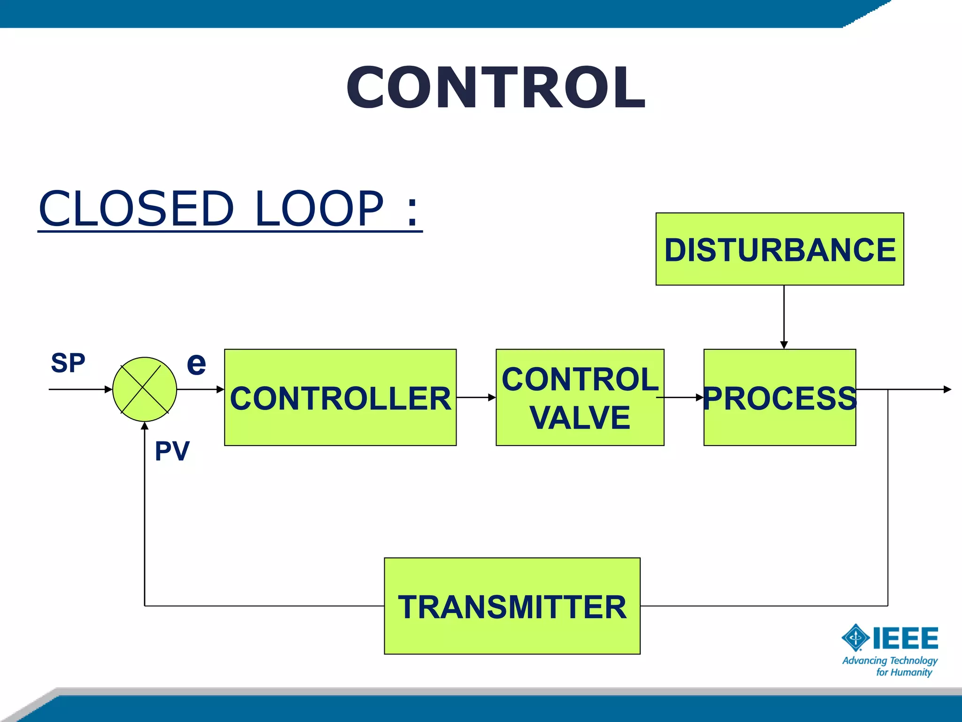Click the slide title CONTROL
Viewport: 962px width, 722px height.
coord(496,88)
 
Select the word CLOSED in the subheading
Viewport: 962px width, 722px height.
coord(136,208)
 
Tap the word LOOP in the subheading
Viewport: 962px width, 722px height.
coord(319,208)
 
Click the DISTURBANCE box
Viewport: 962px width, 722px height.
coord(780,249)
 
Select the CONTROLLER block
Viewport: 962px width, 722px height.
coord(340,398)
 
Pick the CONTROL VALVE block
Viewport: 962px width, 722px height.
coord(580,398)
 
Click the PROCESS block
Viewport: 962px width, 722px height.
coord(780,398)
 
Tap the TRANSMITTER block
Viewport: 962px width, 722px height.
coord(512,606)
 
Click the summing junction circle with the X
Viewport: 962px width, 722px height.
coord(145,389)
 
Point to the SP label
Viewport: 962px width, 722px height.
coord(68,363)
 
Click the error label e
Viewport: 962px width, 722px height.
coord(196,363)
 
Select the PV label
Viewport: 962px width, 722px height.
coord(172,451)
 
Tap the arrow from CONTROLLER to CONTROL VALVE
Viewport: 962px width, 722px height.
coord(476,398)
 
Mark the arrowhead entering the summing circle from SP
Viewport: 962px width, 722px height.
coord(109,389)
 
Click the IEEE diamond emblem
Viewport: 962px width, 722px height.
coord(855,637)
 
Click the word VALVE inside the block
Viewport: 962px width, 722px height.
coord(580,417)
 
